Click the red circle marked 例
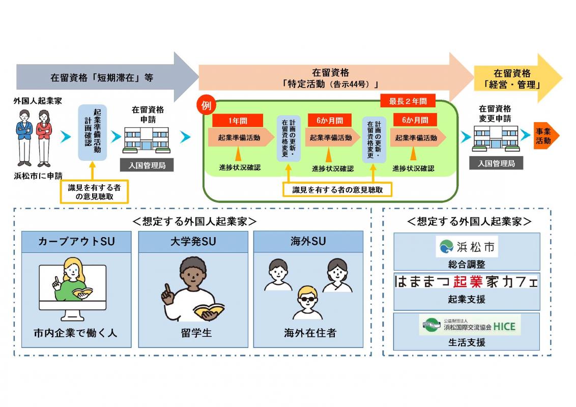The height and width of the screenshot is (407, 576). tap(206, 106)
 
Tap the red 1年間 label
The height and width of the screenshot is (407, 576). tap(238, 121)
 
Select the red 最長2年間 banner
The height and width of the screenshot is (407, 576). tap(408, 101)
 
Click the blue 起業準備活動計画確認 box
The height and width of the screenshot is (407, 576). tap(92, 133)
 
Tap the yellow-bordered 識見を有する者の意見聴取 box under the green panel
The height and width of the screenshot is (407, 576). tap(337, 190)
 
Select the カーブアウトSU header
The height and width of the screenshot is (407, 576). tap(76, 242)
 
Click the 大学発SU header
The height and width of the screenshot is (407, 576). tap(193, 242)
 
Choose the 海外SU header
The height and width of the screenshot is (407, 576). tap(308, 242)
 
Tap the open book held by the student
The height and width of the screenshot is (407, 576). tap(208, 311)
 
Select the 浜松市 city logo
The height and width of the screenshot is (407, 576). tap(467, 247)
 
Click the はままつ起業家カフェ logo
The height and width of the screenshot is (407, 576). tap(467, 281)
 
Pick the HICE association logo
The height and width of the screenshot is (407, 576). tap(467, 325)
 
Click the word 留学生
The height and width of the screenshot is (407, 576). tap(193, 334)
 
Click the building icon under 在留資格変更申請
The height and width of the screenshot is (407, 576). tap(496, 138)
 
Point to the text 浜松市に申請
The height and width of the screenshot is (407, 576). tap(39, 176)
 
